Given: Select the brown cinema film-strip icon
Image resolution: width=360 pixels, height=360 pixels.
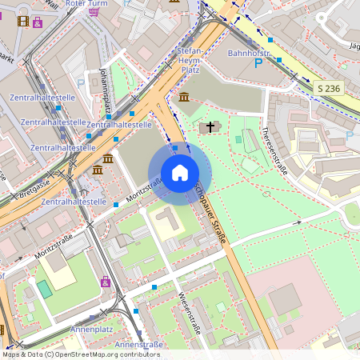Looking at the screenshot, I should [x=22, y=21].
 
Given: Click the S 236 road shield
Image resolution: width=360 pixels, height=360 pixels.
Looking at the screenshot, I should [x=330, y=87].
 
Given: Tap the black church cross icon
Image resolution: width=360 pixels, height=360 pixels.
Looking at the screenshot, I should [x=210, y=126].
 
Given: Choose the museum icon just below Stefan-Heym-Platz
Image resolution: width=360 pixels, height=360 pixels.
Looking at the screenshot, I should [x=184, y=97].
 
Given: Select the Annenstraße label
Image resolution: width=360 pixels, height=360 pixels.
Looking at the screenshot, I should [x=139, y=344].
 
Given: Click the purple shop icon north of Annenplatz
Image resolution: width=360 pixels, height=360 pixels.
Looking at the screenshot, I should [x=106, y=282].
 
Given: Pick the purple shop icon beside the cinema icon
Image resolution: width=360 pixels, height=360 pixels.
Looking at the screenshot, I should [x=38, y=22].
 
